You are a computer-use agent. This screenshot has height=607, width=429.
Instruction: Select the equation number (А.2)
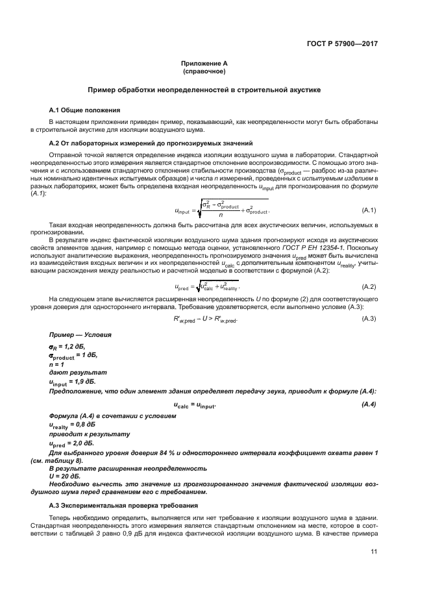369,286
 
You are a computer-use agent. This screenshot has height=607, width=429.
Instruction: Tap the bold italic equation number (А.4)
369,404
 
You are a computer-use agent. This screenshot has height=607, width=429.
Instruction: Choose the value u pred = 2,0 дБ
72,443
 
